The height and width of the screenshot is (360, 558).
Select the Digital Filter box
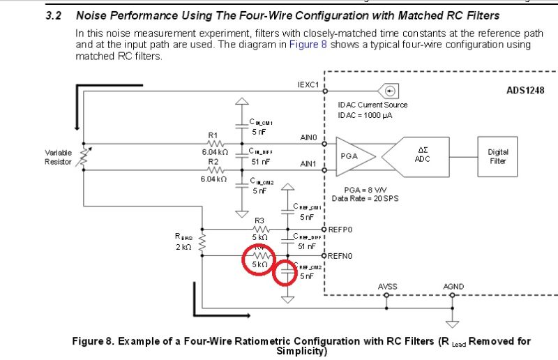[x=498, y=156]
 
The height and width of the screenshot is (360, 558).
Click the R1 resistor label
[x=213, y=135]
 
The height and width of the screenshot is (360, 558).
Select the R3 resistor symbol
[x=261, y=228]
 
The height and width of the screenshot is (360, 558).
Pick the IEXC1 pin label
[x=308, y=84]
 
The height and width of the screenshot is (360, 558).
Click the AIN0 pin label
[x=308, y=137]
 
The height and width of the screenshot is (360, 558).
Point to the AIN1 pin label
[x=308, y=164]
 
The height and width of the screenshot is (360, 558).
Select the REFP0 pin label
[x=340, y=228]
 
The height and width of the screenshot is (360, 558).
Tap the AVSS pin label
[x=388, y=287]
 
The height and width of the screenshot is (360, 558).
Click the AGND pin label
[x=453, y=287]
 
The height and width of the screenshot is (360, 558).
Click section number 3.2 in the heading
[x=54, y=15]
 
